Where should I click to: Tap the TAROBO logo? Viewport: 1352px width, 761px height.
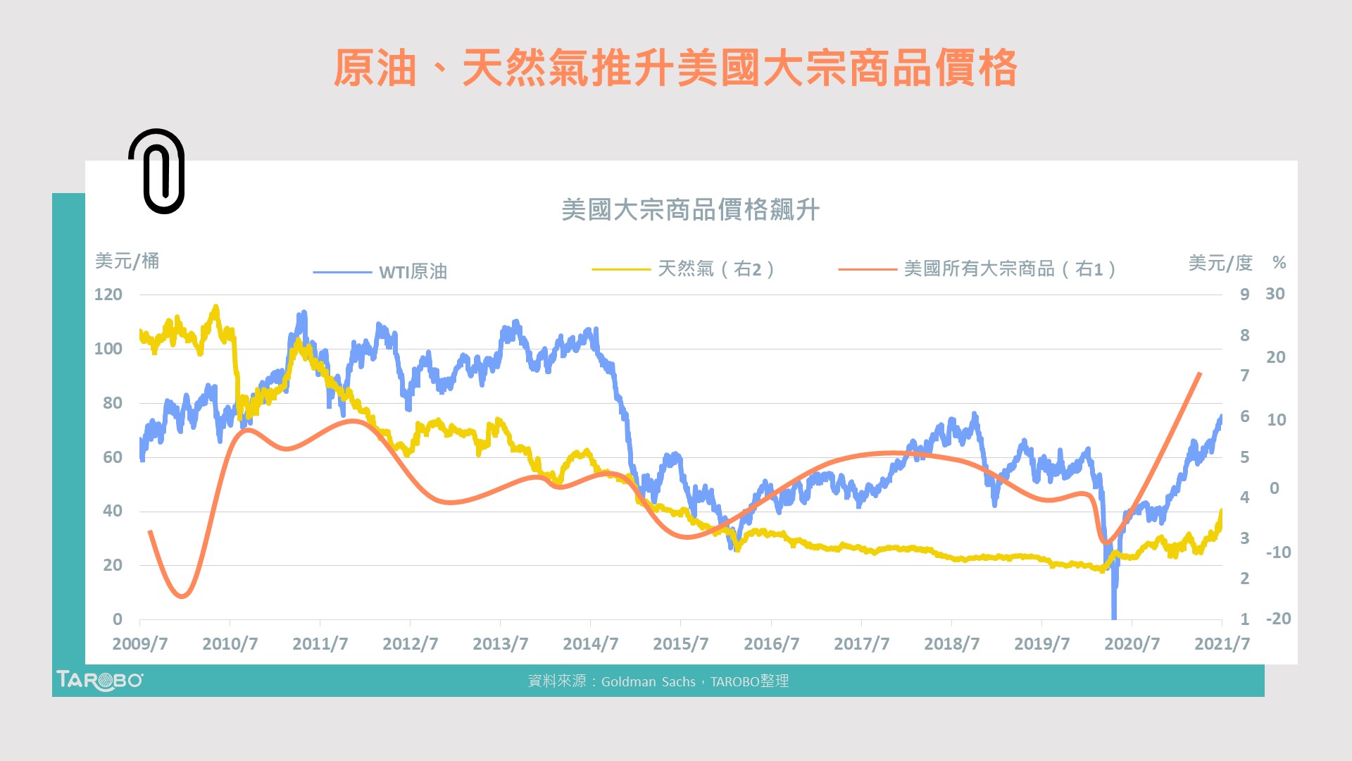pos(99,680)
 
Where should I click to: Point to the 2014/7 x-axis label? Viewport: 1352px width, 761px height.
pos(590,644)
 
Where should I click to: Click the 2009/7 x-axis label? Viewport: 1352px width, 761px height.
pos(139,644)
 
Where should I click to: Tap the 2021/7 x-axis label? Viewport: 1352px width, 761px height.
pos(1222,644)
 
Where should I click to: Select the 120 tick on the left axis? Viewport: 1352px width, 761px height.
pos(108,295)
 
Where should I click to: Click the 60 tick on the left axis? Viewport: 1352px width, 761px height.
pos(113,457)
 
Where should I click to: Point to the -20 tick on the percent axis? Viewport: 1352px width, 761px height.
pos(1278,619)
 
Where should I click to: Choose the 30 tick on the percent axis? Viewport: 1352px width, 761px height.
pos(1275,294)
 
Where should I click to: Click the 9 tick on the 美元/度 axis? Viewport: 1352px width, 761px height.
pos(1245,295)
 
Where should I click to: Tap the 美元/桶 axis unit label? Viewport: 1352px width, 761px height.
pos(127,261)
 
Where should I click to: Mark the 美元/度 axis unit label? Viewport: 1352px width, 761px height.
pos(1220,264)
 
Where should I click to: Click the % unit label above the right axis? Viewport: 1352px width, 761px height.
pos(1279,264)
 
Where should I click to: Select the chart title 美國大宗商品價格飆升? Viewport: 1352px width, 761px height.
pos(690,210)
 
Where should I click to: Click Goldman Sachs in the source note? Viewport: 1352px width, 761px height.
pos(648,681)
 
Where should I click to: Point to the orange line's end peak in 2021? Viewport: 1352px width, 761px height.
pos(1200,373)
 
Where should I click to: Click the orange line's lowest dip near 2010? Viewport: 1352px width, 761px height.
pos(182,596)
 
